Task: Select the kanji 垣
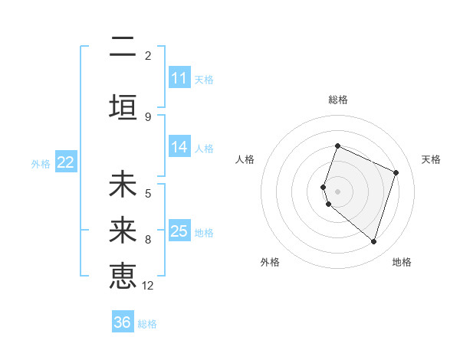pos(123,106)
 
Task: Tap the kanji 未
pos(123,185)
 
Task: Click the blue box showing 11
pos(179,78)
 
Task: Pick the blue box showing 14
pos(179,147)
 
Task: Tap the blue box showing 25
pos(179,231)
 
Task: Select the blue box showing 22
pos(66,162)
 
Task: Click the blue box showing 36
pos(123,322)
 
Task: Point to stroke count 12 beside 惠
pos(148,286)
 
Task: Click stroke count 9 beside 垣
pos(148,116)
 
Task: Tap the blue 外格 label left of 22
pos(41,163)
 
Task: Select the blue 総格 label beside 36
pos(147,324)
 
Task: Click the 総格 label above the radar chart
pos(337,100)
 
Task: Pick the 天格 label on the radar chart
pos(431,159)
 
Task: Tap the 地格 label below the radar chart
pos(402,262)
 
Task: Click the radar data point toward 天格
pos(396,172)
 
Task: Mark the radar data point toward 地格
pos(373,241)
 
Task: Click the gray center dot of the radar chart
pos(337,191)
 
